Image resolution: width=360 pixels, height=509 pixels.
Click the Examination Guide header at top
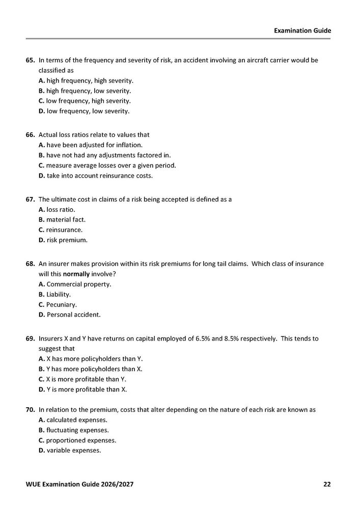(x=302, y=31)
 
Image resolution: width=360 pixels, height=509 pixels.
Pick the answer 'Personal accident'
(x=73, y=315)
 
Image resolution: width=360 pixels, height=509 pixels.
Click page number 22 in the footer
(x=326, y=484)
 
